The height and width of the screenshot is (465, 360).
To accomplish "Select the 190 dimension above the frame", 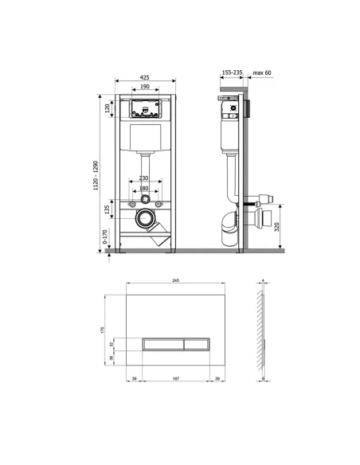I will (144, 87).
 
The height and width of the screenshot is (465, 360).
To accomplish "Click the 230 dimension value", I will (144, 178).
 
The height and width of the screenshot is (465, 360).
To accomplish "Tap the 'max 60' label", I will (262, 72).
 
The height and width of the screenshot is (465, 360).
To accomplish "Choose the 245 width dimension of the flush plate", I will (175, 279).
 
